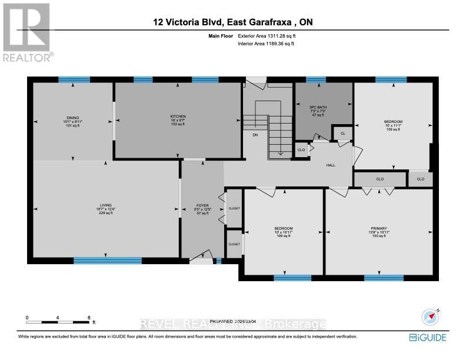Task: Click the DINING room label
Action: tap(73, 118)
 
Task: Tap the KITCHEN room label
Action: tap(178, 116)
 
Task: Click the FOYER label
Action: tap(202, 206)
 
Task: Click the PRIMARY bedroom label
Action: tap(378, 228)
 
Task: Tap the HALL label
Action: tap(331, 165)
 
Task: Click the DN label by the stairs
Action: tap(255, 135)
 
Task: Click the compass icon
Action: tap(432, 318)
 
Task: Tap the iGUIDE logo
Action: tap(429, 337)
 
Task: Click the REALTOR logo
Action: tap(27, 32)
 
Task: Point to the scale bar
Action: tap(58, 322)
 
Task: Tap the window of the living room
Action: tap(107, 260)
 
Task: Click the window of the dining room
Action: tap(74, 79)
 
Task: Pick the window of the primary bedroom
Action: tap(383, 278)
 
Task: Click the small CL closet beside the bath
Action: tap(342, 134)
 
